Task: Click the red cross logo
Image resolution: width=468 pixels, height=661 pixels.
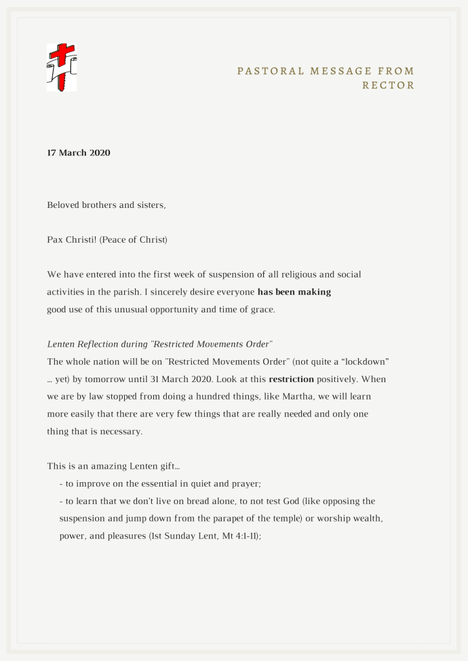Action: (61, 67)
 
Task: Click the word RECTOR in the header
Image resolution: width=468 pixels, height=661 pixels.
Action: (388, 85)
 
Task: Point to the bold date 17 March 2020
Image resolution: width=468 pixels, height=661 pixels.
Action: (79, 153)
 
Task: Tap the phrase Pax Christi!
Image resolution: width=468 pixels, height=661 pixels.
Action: (70, 240)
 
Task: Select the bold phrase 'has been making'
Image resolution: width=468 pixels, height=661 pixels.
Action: (294, 292)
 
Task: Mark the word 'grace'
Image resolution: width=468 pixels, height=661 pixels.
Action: (261, 309)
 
